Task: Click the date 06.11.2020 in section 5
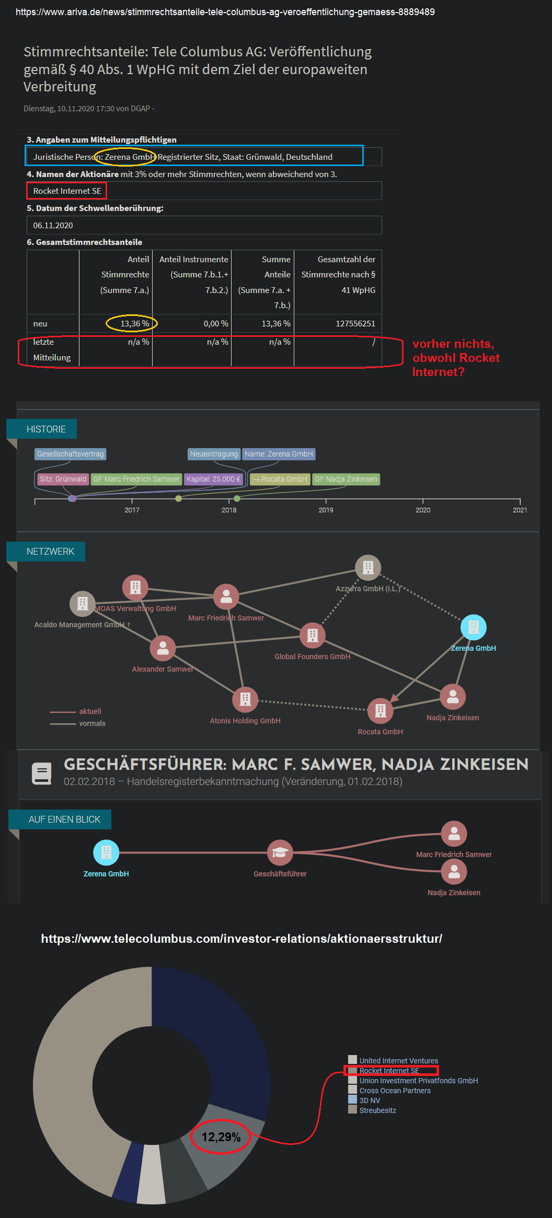[53, 226]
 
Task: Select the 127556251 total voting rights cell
[355, 324]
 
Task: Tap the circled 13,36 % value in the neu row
[134, 324]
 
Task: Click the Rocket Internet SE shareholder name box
[67, 191]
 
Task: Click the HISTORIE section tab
[46, 429]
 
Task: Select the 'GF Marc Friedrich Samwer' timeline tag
[136, 479]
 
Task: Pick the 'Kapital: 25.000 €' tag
[213, 479]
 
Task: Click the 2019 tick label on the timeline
[326, 510]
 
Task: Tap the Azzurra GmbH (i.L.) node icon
[368, 568]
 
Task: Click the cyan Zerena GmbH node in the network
[473, 627]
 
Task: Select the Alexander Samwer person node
[163, 648]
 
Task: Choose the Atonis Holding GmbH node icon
[245, 699]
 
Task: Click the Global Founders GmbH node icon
[313, 635]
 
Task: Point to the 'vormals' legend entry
[92, 723]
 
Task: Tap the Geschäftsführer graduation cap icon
[280, 852]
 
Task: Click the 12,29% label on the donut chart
[221, 1137]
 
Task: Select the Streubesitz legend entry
[377, 1110]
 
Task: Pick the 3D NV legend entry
[370, 1100]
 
